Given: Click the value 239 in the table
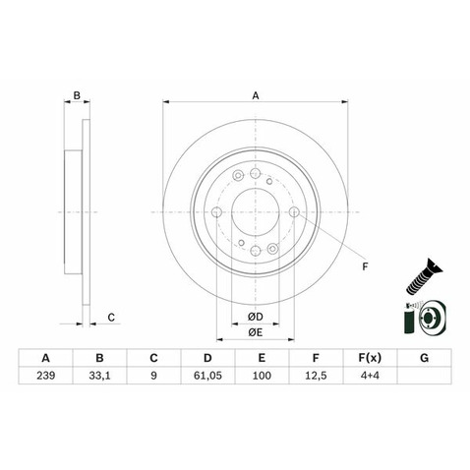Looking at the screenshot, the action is (x=45, y=376).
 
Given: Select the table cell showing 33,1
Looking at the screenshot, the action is (x=99, y=376).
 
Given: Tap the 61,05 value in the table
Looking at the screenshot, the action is (x=207, y=376).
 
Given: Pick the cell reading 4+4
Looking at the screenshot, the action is (x=370, y=376).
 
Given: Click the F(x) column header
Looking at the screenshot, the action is (x=370, y=358).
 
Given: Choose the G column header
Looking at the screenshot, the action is (x=424, y=358).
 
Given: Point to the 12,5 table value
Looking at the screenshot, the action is (x=316, y=376).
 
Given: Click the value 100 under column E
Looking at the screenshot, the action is (x=262, y=376).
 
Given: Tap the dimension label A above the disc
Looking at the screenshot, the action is (x=256, y=95).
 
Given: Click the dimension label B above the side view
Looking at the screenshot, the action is (x=77, y=95).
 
